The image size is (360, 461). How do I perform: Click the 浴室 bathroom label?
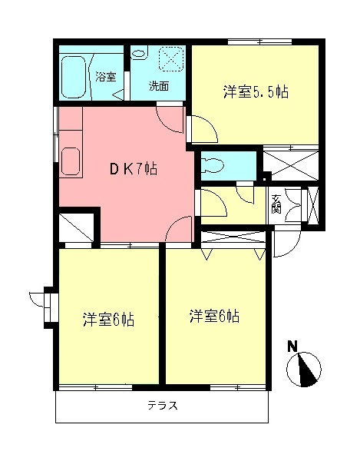pyautogui.click(x=106, y=77)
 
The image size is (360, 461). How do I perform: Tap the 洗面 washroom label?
pyautogui.click(x=160, y=85)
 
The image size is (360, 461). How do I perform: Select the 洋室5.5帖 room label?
pyautogui.click(x=256, y=92)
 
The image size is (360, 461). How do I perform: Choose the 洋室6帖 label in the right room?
pyautogui.click(x=214, y=315)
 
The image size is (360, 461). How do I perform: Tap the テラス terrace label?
pyautogui.click(x=162, y=406)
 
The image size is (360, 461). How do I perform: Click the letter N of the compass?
pyautogui.click(x=292, y=347)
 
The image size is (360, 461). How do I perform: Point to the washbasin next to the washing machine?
pyautogui.click(x=140, y=54)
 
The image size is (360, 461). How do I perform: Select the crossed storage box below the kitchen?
pyautogui.click(x=77, y=228)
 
